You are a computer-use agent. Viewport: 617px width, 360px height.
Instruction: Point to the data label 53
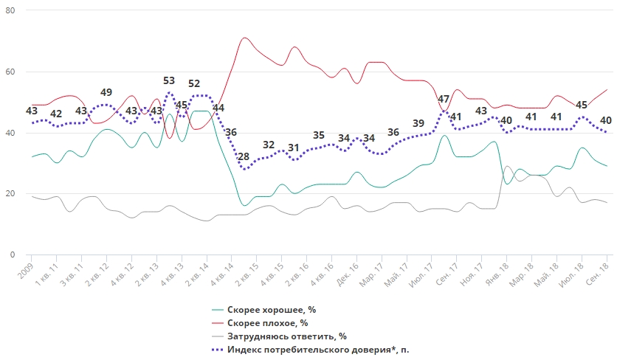pyautogui.click(x=169, y=81)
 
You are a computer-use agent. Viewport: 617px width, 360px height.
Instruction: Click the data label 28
pyautogui.click(x=244, y=156)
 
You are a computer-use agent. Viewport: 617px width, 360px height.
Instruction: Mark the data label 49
pyautogui.click(x=106, y=92)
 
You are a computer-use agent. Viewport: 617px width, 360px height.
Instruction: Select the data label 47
pyautogui.click(x=444, y=100)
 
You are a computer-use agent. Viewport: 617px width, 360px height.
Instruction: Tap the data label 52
pyautogui.click(x=194, y=84)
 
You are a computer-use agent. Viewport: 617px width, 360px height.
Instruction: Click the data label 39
pyautogui.click(x=418, y=123)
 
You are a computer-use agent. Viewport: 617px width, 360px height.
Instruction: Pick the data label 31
pyautogui.click(x=294, y=148)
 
